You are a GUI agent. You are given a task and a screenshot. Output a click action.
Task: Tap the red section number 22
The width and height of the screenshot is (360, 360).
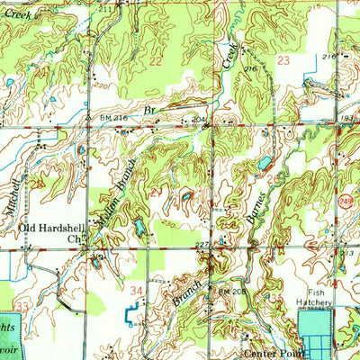coord(156,60)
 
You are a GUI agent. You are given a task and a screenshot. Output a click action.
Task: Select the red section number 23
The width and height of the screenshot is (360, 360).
coord(283,60)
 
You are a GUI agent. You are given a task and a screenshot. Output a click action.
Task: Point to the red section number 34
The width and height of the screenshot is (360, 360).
coord(137,290)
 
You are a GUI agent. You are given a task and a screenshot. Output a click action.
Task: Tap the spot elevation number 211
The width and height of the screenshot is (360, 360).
coord(106,8)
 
